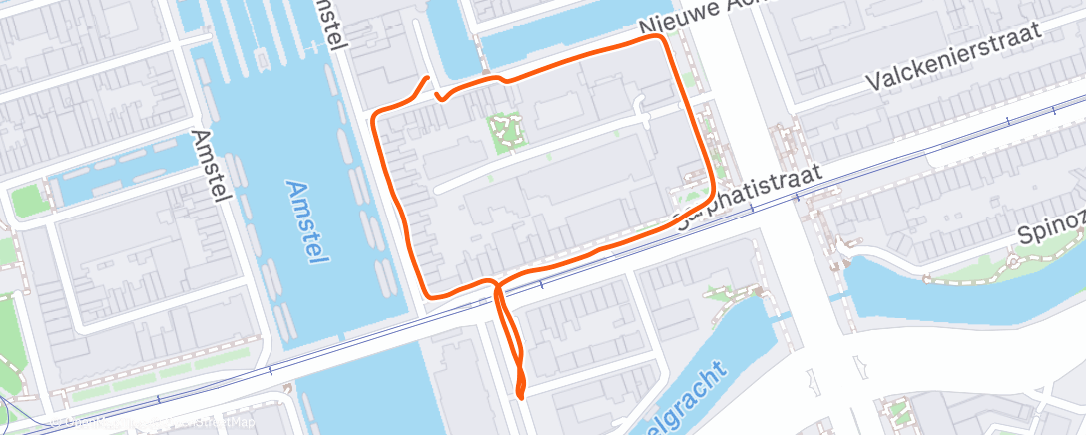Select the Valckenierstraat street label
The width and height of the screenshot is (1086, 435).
[953, 59]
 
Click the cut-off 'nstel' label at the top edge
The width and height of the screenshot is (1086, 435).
[328, 24]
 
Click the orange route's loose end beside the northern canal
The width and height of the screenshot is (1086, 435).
[428, 78]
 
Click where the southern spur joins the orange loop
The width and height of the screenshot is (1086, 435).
[495, 285]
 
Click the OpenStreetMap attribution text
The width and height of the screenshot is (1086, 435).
[150, 423]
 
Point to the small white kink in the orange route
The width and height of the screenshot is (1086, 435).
[438, 96]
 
